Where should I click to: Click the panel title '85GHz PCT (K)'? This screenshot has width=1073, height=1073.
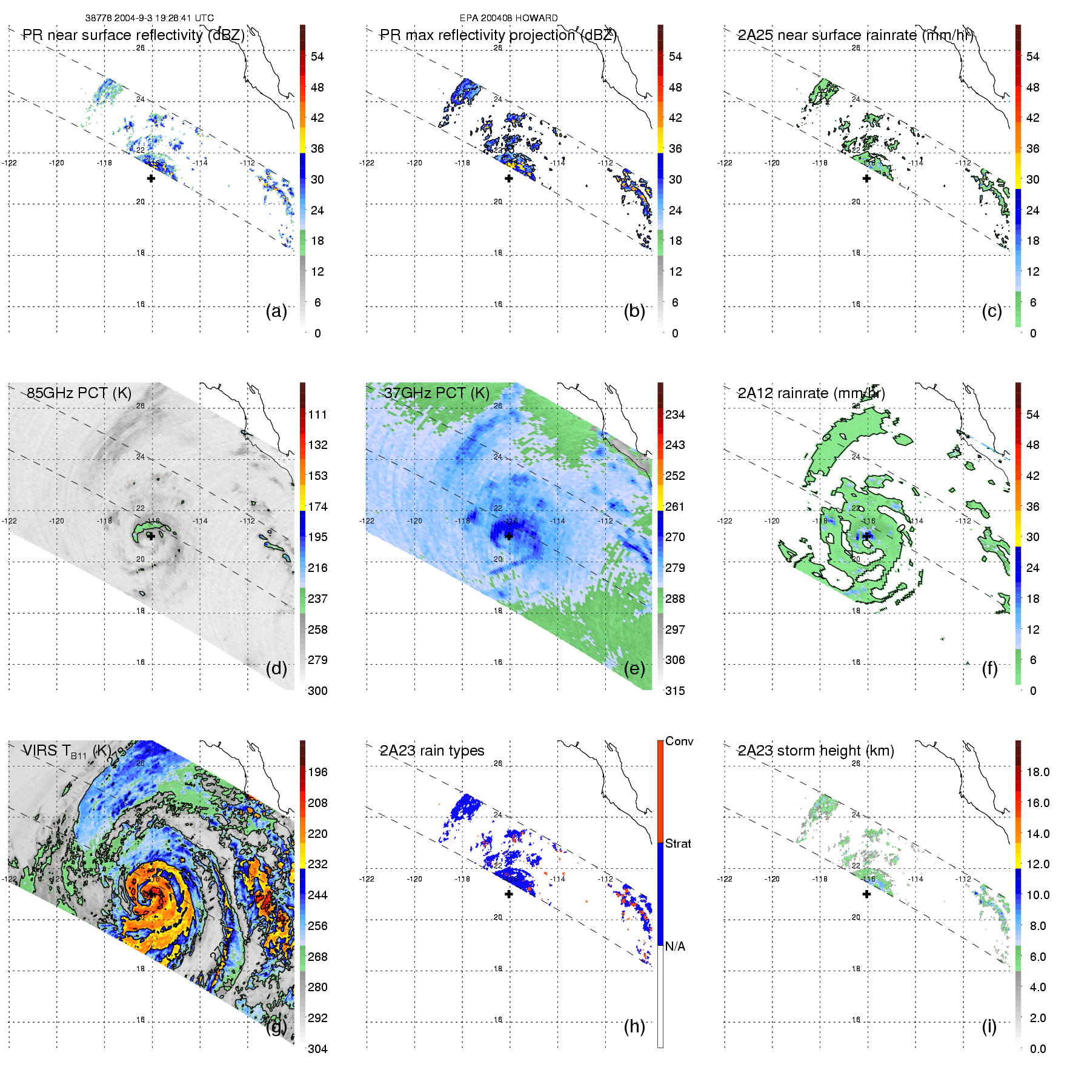79,393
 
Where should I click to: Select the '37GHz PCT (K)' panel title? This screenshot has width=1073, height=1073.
436,393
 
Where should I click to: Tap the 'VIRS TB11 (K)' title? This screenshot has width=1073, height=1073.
66,751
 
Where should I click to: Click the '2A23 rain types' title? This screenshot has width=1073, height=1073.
431,751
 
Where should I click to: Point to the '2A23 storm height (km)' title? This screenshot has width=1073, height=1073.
816,751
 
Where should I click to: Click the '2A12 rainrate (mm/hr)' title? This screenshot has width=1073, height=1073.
811,393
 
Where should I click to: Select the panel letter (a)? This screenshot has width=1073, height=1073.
276,311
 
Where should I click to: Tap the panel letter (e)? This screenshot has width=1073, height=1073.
634,668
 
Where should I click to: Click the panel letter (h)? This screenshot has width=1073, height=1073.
634,1026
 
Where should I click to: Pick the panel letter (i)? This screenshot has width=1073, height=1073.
989,1026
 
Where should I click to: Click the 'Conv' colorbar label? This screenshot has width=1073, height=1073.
679,741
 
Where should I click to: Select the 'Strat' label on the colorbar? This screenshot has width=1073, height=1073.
678,843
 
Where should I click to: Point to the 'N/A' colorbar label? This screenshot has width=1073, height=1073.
675,946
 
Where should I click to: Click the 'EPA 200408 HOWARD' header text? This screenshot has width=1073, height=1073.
508,18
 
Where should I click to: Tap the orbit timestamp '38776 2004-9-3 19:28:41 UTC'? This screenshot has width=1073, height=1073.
149,18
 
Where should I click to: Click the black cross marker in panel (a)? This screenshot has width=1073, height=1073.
151,178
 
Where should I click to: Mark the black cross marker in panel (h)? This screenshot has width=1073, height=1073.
508,894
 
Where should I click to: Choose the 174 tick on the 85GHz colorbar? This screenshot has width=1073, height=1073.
317,507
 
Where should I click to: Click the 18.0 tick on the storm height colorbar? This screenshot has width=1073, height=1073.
1037,772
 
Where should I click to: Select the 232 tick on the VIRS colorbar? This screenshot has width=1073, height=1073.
317,864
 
